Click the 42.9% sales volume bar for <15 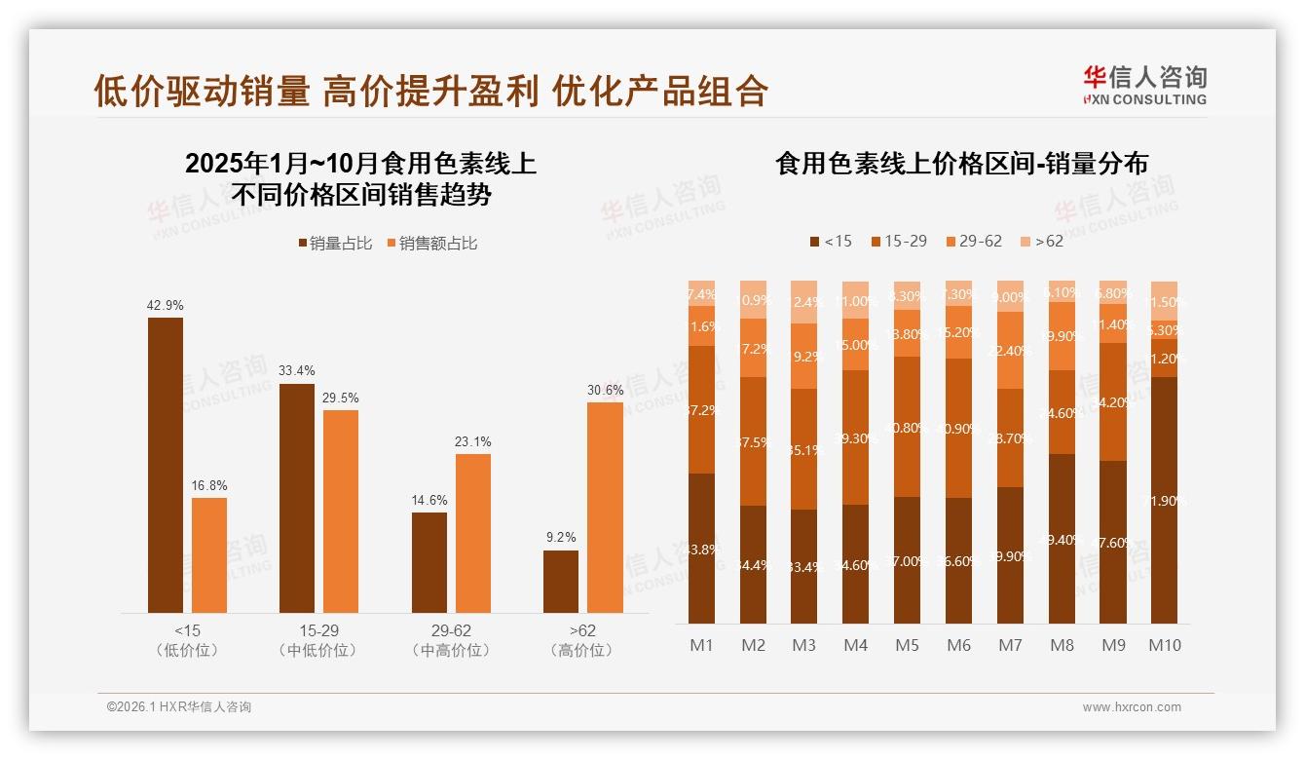pos(166,465)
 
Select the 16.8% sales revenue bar pos(209,555)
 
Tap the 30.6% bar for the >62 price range pos(605,508)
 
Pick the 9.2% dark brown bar pos(561,582)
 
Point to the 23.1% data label pos(472,442)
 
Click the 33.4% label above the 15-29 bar pos(297,371)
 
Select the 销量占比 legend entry pos(335,244)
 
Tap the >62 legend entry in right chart pos(1041,241)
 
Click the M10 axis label pos(1165,645)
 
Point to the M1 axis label pos(702,645)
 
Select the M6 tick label pos(958,645)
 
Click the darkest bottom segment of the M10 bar pos(1164,500)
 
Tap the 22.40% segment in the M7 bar pos(1010,351)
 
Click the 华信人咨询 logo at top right pos(1144,85)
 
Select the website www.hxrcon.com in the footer pos(1132,707)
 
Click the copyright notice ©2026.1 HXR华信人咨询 pos(179,707)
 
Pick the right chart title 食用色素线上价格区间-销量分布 pos(961,163)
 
